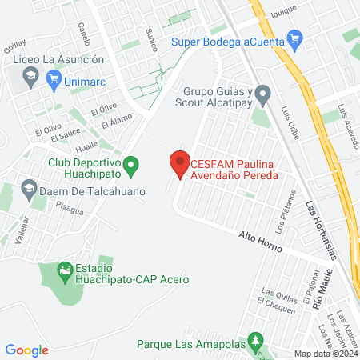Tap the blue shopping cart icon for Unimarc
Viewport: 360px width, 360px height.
click(54, 78)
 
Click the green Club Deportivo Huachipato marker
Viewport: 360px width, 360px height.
click(134, 166)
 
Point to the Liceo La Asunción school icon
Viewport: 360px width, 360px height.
click(30, 77)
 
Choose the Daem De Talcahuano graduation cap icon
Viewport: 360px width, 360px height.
click(29, 190)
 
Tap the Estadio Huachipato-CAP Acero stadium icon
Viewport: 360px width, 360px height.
click(63, 273)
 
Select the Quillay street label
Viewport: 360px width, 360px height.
click(14, 47)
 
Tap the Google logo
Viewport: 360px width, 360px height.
click(27, 350)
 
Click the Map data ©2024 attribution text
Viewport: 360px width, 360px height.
click(325, 354)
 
